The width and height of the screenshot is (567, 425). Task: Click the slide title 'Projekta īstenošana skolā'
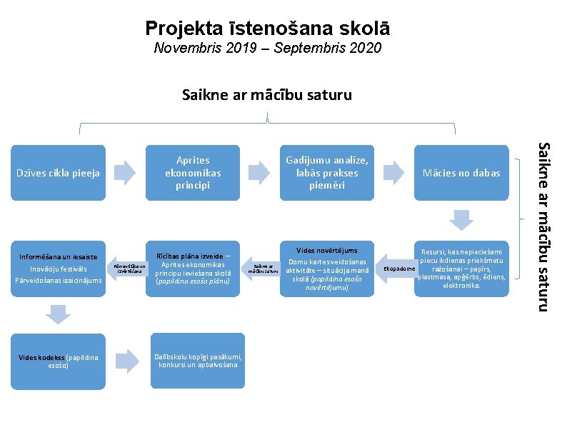tap(267, 29)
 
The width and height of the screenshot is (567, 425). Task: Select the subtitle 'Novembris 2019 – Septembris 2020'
tap(267, 49)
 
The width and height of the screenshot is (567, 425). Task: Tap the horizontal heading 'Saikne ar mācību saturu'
tap(266, 94)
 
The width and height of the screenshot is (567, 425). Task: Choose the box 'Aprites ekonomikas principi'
tap(193, 172)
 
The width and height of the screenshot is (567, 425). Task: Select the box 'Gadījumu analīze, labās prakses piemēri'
tap(326, 172)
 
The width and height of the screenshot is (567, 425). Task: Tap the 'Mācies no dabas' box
tap(461, 172)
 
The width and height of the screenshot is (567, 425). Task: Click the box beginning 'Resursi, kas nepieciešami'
tap(461, 269)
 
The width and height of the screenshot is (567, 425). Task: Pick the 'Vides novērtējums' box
tap(326, 269)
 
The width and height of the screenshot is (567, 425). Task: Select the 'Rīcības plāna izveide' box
tap(193, 269)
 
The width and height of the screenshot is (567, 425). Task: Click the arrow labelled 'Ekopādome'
tap(397, 269)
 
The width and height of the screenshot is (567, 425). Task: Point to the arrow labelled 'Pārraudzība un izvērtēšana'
tap(129, 269)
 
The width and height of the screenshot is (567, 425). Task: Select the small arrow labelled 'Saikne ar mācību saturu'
tap(261, 269)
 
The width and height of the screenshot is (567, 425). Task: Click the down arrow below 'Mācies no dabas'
tap(461, 218)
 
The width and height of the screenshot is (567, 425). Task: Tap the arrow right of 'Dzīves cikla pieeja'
tap(125, 172)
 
